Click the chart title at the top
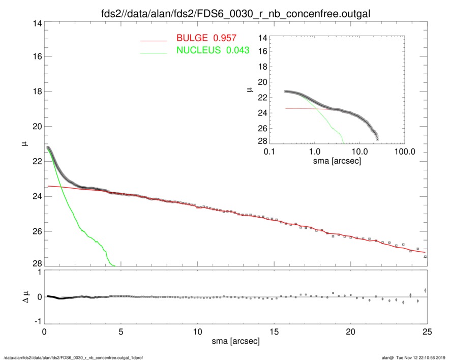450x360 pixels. pyautogui.click(x=235, y=13)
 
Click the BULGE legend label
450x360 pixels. pyautogui.click(x=205, y=38)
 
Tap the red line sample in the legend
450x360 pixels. pyautogui.click(x=154, y=40)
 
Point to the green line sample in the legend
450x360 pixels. pyautogui.click(x=154, y=52)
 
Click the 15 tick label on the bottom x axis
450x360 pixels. pyautogui.click(x=274, y=332)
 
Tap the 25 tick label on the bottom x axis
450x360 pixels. pyautogui.click(x=427, y=332)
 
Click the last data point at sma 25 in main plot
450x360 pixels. pyautogui.click(x=425, y=257)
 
